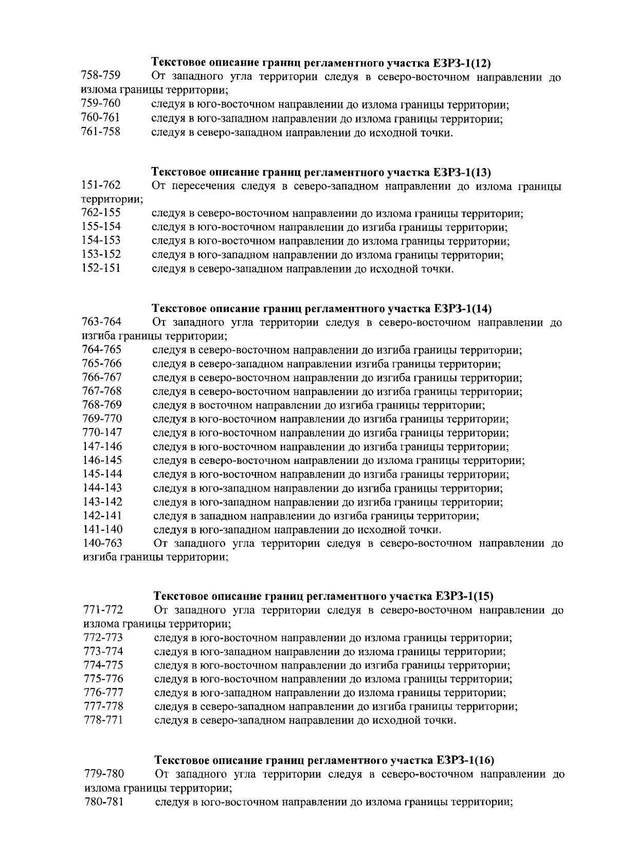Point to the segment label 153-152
pyautogui.click(x=101, y=254)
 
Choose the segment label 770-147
pyautogui.click(x=102, y=432)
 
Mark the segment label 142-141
pyautogui.click(x=102, y=515)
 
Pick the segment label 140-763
pyautogui.click(x=102, y=543)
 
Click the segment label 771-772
pyautogui.click(x=103, y=610)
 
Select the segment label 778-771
pyautogui.click(x=103, y=720)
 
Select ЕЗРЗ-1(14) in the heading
pyautogui.click(x=463, y=309)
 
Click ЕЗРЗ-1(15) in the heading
pyautogui.click(x=464, y=596)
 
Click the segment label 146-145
pyautogui.click(x=102, y=460)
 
